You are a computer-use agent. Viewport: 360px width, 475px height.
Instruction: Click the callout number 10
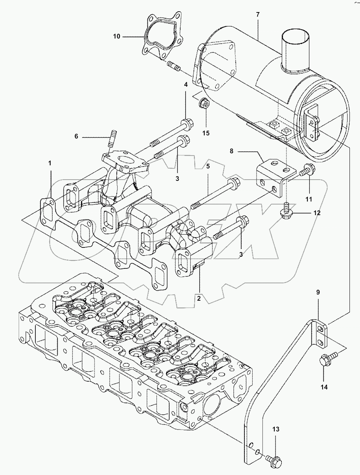(116, 37)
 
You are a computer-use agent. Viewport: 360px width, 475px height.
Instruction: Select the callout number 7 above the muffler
(258, 14)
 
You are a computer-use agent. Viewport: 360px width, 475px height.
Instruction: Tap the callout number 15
(205, 133)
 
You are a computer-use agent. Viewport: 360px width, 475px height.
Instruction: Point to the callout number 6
(76, 136)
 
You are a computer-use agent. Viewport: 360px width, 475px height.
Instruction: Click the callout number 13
(276, 429)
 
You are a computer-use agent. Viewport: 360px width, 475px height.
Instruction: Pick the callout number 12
(317, 213)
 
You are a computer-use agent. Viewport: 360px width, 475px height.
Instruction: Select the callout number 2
(198, 299)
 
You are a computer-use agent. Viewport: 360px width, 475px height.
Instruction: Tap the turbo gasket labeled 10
(160, 35)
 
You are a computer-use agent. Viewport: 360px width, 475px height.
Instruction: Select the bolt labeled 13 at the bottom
(271, 460)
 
